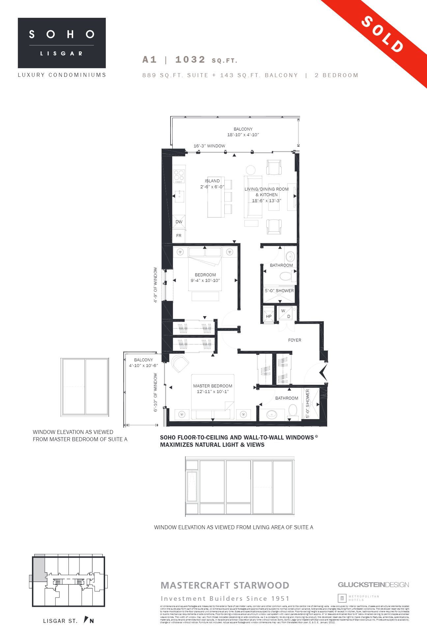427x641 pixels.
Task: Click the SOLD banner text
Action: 383,34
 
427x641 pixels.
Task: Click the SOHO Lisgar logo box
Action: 62,43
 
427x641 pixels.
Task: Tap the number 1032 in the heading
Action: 190,60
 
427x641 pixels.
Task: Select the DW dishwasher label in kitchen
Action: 179,222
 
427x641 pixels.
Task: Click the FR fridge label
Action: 179,236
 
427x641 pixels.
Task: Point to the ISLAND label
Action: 212,181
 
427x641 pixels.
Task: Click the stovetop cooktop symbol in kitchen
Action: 179,176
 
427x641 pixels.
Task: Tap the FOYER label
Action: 295,340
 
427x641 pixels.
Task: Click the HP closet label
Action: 269,317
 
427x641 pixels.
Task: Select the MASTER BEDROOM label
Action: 213,386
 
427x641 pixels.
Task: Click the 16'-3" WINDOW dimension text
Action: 209,146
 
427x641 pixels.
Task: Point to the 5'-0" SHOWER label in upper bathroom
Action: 279,291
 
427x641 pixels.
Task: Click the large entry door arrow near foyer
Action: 323,373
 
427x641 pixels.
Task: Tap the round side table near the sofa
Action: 251,170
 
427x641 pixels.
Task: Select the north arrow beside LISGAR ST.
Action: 86,620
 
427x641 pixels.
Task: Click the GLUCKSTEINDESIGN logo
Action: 373,585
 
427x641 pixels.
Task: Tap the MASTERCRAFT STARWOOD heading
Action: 225,586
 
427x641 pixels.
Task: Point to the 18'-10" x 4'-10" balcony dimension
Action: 243,135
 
